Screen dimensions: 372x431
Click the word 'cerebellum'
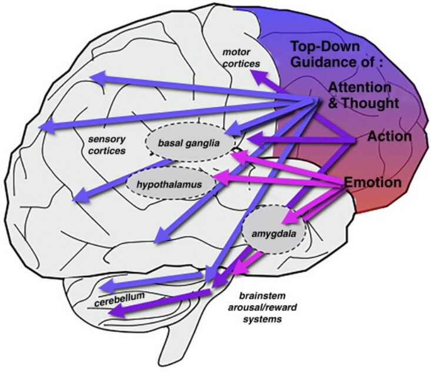point(119,300)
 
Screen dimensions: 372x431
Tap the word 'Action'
point(389,137)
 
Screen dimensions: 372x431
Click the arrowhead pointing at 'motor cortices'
point(257,75)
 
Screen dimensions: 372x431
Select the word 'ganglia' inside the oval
point(209,142)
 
